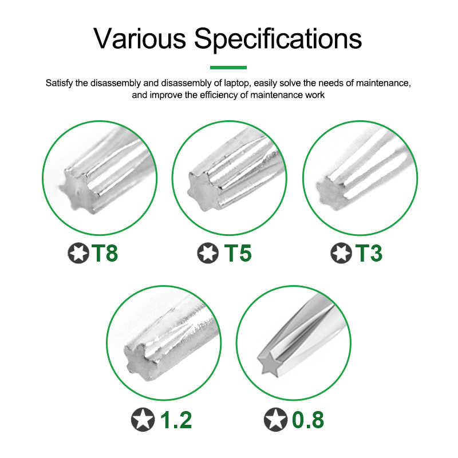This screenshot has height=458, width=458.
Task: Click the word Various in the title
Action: [x=140, y=38]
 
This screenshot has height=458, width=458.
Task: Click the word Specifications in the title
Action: [x=278, y=40]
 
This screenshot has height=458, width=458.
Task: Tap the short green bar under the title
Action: [x=228, y=68]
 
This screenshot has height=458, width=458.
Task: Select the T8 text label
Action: [x=105, y=253]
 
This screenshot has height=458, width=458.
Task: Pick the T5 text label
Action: [x=238, y=253]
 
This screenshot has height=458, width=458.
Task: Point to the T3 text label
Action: [x=369, y=253]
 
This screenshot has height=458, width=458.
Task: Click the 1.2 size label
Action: [x=176, y=420]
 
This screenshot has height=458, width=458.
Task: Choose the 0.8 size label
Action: [x=308, y=420]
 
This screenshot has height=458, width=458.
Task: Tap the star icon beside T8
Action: [x=78, y=253]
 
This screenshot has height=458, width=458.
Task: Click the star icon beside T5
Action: [x=208, y=253]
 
